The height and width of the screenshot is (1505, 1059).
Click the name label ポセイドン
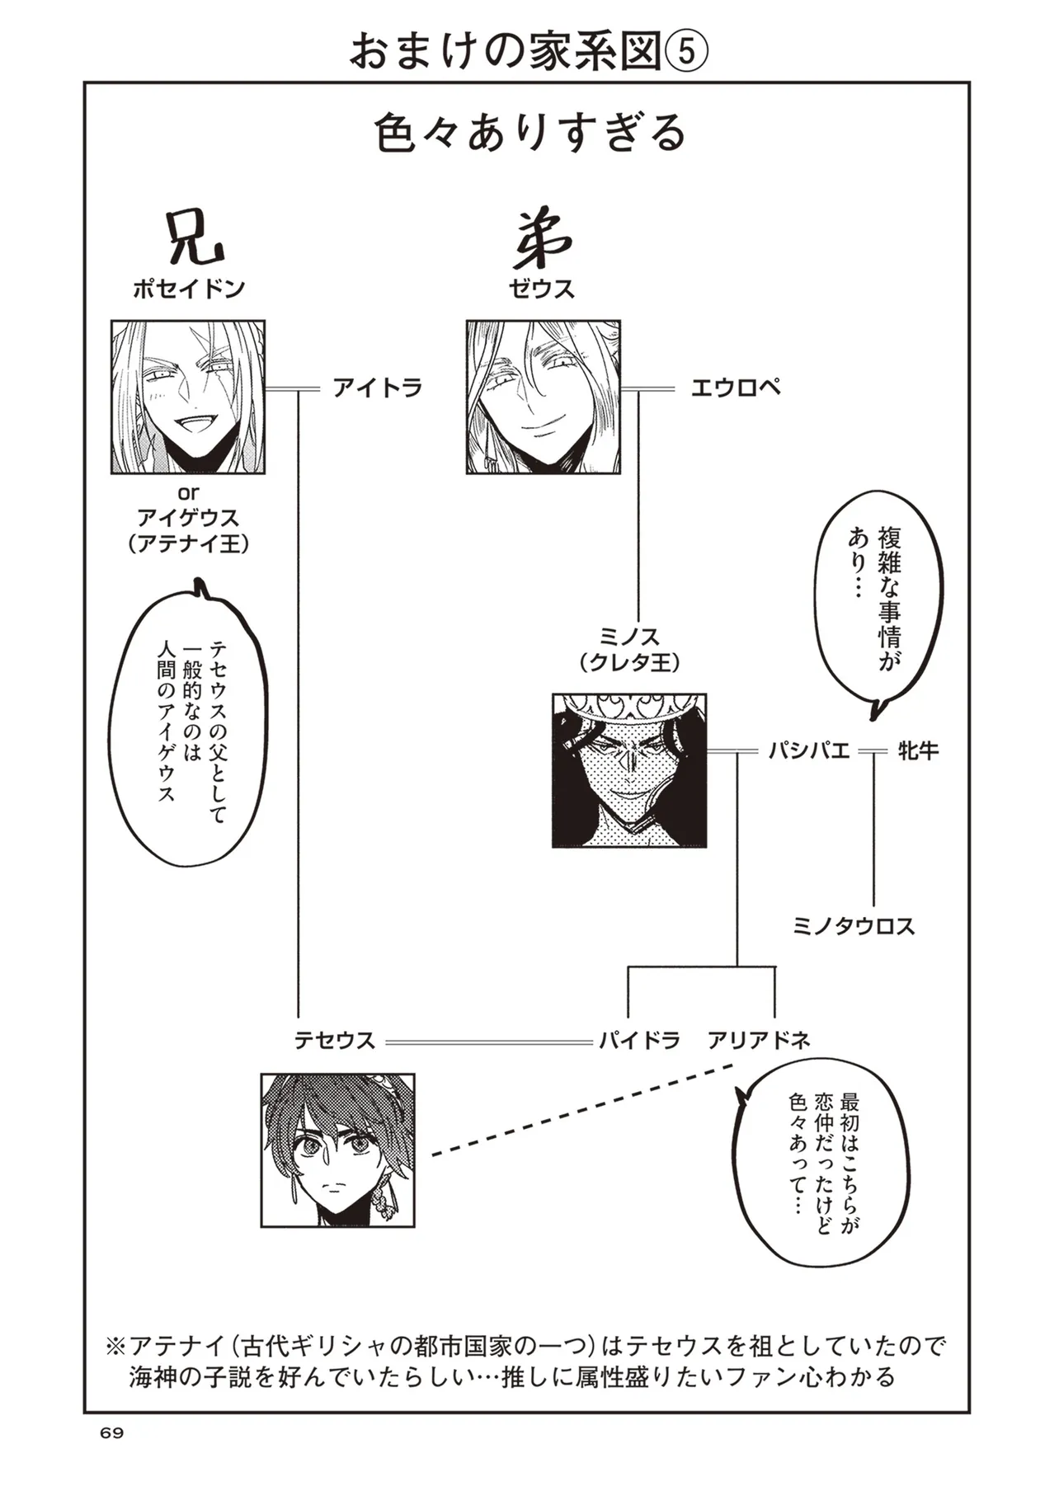(189, 289)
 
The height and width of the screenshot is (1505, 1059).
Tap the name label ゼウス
(542, 289)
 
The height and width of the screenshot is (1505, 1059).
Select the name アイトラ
(378, 388)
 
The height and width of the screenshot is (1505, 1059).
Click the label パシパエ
(807, 751)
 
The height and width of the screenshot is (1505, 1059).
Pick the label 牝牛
(916, 751)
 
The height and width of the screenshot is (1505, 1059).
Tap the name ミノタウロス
(854, 926)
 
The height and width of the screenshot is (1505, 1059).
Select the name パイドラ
(639, 1041)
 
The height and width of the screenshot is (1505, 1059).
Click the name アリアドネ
(759, 1041)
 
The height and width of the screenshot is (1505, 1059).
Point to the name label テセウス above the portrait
(335, 1041)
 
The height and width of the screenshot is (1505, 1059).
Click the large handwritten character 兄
(194, 239)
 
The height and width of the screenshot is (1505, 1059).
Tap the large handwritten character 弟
(542, 239)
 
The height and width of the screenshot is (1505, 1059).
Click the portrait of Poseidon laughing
(188, 397)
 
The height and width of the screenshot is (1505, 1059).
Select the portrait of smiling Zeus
(543, 397)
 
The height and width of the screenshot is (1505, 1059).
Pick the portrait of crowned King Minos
(629, 770)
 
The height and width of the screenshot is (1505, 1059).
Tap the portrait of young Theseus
(337, 1150)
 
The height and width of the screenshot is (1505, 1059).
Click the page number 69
(111, 1456)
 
